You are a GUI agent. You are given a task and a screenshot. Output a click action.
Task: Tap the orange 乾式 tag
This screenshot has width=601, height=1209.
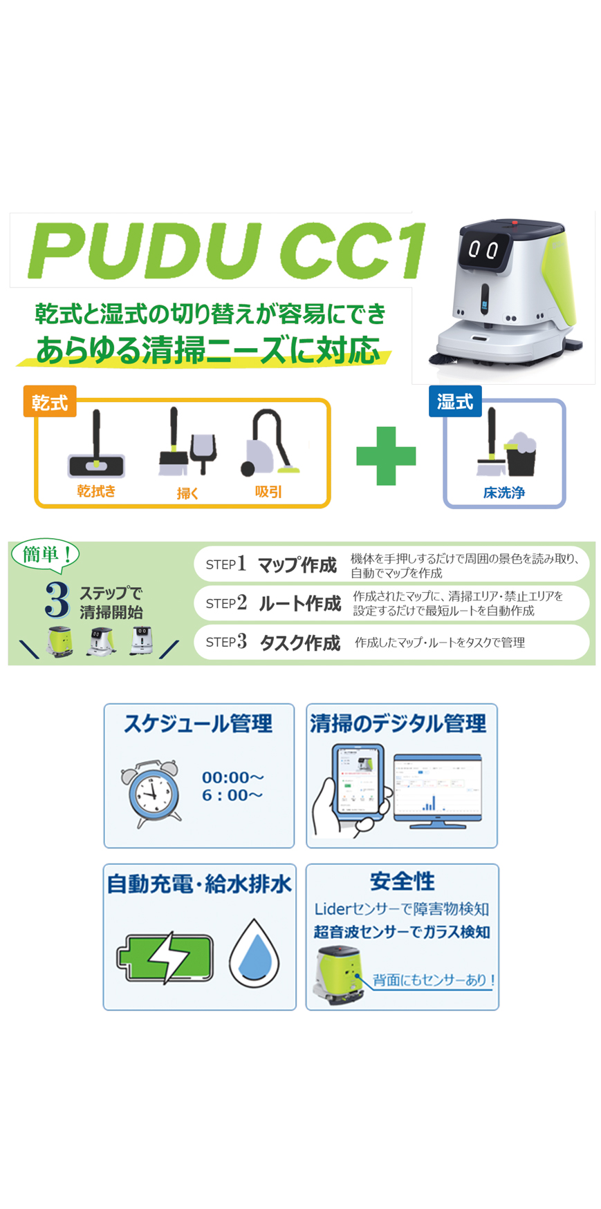(x=49, y=401)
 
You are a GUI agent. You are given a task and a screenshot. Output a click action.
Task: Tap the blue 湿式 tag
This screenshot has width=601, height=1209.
(x=454, y=401)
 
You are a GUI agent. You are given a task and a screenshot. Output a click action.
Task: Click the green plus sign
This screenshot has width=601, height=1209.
(x=386, y=456)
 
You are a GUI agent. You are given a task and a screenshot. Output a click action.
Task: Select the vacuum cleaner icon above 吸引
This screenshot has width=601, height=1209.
(x=270, y=444)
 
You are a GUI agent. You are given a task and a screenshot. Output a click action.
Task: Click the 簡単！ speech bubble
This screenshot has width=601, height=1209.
(x=46, y=554)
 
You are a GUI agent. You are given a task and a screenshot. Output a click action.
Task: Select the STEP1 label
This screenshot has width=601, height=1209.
(x=225, y=564)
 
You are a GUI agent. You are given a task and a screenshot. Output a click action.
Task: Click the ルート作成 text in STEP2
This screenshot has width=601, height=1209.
(x=299, y=603)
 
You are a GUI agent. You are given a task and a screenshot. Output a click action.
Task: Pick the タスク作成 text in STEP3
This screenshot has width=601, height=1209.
(x=299, y=642)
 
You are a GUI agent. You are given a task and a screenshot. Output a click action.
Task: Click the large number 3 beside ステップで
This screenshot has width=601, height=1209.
(x=57, y=599)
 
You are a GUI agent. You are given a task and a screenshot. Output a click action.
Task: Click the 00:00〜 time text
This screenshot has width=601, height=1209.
(x=232, y=777)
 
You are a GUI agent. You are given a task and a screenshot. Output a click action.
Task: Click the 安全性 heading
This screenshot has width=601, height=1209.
(x=402, y=882)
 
